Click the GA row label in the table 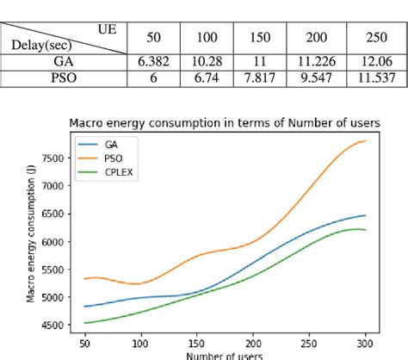pos(64,62)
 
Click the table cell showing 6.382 pos(153,62)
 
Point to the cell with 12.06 pos(374,62)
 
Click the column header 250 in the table pos(374,38)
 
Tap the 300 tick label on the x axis pos(365,341)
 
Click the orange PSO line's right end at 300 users pos(365,140)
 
